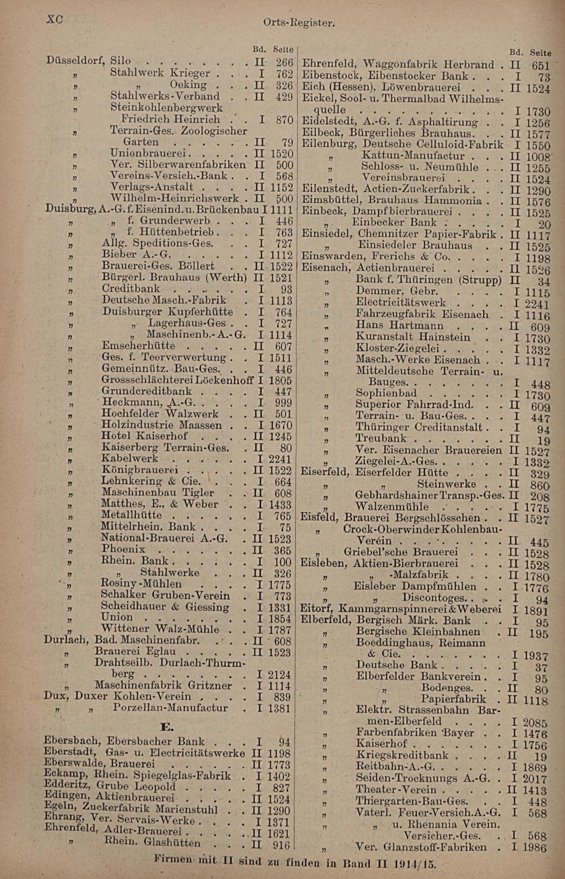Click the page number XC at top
[54, 19]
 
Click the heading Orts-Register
[299, 23]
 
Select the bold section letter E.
[167, 726]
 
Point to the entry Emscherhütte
[138, 346]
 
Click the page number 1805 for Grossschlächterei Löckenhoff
[280, 381]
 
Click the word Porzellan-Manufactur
[170, 708]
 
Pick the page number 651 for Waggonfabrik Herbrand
[540, 66]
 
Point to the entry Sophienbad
[386, 393]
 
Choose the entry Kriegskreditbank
[402, 755]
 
